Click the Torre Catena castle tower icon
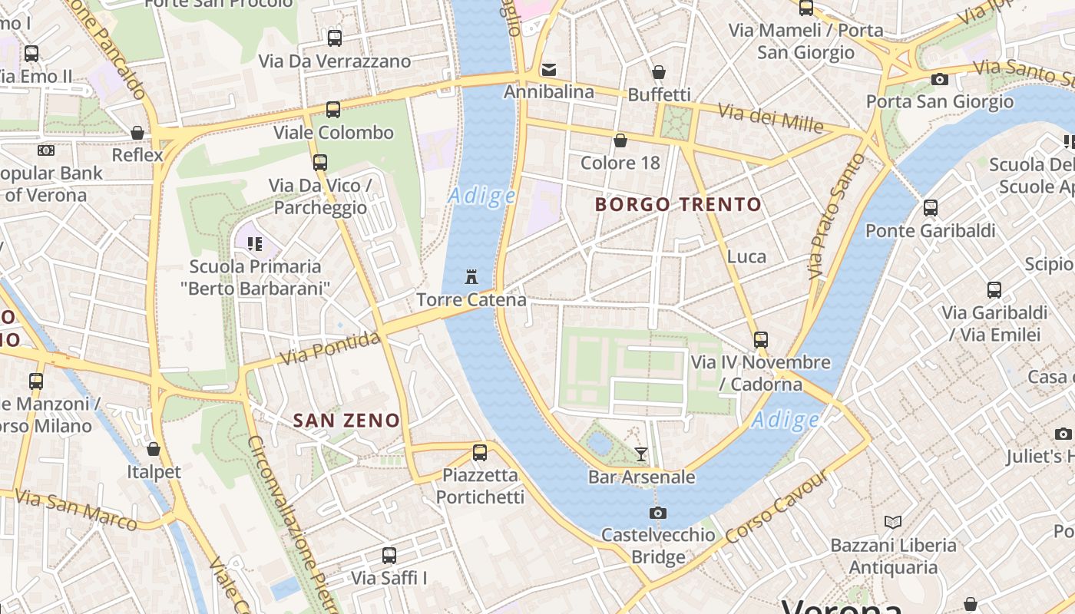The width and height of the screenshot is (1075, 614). [471, 276]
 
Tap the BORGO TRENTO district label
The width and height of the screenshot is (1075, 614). [678, 205]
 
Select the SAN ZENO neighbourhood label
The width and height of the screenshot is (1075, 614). [347, 421]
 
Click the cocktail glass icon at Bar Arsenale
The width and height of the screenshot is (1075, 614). [641, 454]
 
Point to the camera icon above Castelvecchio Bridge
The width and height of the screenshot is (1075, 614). [658, 513]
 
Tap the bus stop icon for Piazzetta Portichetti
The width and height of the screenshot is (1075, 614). [480, 453]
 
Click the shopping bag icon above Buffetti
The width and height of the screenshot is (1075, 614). [659, 72]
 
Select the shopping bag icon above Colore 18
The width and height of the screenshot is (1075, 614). [620, 140]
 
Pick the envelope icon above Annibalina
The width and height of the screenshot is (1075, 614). [549, 70]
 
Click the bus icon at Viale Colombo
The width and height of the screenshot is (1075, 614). [333, 110]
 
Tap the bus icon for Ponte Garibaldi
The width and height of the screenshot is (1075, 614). [931, 208]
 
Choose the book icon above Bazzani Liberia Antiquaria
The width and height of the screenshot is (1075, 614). [892, 523]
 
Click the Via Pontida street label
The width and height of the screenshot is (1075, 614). [330, 348]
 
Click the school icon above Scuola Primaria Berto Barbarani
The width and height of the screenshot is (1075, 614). [255, 244]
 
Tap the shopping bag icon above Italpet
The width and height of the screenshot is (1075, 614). [154, 449]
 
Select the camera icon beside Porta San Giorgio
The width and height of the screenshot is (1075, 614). [939, 79]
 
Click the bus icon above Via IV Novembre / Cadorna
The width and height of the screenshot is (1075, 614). [761, 339]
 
